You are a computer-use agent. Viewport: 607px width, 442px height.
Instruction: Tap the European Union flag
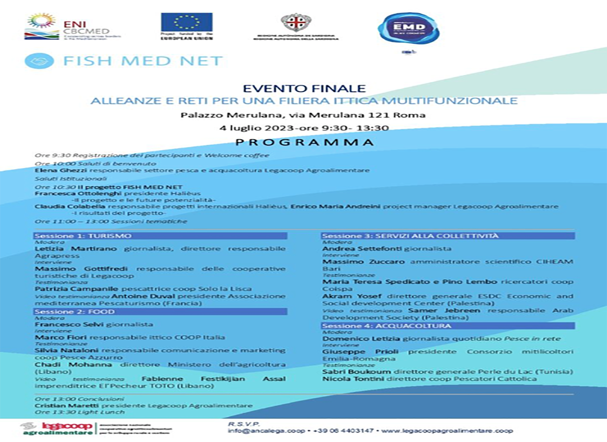pos(186,22)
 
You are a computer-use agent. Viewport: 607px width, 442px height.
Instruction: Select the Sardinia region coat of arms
pos(296,22)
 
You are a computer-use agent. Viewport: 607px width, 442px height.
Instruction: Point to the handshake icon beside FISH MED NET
pos(39,61)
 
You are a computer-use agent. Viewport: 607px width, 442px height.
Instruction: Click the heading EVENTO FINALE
pos(304,89)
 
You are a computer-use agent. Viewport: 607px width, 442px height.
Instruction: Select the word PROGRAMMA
pos(305,143)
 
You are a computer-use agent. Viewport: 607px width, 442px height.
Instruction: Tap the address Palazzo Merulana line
pos(303,115)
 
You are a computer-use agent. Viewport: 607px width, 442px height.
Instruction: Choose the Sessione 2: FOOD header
pos(75,311)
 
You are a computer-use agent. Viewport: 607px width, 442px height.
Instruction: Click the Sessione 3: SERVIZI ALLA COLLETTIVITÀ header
pos(410,236)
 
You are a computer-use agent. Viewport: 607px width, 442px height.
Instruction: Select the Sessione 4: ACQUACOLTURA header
pos(387,326)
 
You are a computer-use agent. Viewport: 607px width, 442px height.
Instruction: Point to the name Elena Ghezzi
pos(61,170)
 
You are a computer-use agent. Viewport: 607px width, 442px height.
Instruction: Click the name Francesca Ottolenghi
pos(78,194)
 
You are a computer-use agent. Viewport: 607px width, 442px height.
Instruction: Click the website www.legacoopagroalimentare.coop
pos(447,431)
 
